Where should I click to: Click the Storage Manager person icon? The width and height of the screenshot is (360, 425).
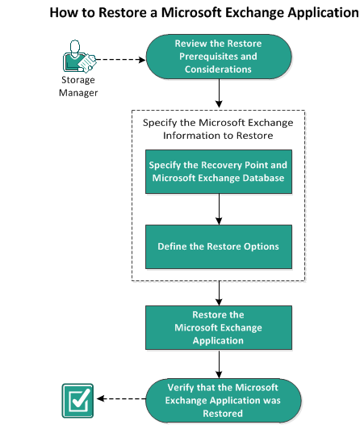[79, 60]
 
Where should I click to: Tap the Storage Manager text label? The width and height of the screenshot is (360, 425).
[79, 87]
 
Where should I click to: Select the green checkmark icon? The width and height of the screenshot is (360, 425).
[78, 398]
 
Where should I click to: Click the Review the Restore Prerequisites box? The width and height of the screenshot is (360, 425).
[219, 57]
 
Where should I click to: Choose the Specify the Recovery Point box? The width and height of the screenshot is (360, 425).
[218, 171]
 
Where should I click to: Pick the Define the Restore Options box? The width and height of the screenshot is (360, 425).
[218, 246]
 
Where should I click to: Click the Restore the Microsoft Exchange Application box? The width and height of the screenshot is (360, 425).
[218, 327]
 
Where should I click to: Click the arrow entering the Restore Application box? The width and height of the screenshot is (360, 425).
[219, 292]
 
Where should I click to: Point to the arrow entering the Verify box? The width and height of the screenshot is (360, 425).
[219, 363]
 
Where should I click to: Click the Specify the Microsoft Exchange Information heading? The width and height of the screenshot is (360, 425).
[218, 129]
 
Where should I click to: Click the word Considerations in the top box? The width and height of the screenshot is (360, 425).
[219, 69]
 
